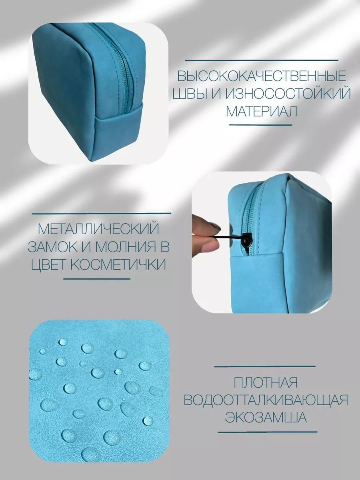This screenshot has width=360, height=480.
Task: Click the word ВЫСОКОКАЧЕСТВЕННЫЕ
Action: click(262, 76)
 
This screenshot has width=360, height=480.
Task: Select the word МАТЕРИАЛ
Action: click(262, 112)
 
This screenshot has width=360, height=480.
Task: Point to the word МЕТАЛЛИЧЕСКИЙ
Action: click(98, 229)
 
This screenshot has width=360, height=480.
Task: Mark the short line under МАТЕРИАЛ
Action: click(262, 125)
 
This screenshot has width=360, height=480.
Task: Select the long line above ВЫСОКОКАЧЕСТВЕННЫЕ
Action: click(262, 60)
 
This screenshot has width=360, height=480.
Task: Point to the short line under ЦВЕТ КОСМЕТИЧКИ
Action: click(97, 279)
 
